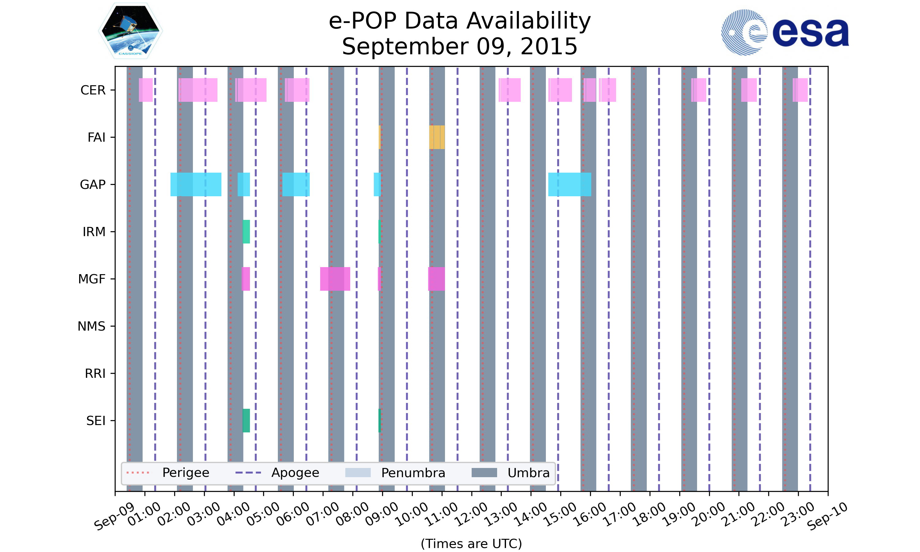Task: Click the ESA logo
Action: pyautogui.click(x=785, y=33)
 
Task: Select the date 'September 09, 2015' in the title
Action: pyautogui.click(x=460, y=47)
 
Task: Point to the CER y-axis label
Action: pyautogui.click(x=93, y=90)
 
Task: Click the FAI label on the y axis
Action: pyautogui.click(x=96, y=137)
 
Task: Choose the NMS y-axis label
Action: pyautogui.click(x=91, y=326)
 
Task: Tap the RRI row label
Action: pyautogui.click(x=95, y=374)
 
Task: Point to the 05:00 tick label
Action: pyautogui.click(x=263, y=514)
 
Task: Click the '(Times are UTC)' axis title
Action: pyautogui.click(x=471, y=543)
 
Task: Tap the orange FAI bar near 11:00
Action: pyautogui.click(x=437, y=137)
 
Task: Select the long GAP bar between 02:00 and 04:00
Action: pyautogui.click(x=196, y=185)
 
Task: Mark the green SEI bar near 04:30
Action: pyautogui.click(x=246, y=421)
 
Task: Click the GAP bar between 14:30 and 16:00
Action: pyautogui.click(x=569, y=185)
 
